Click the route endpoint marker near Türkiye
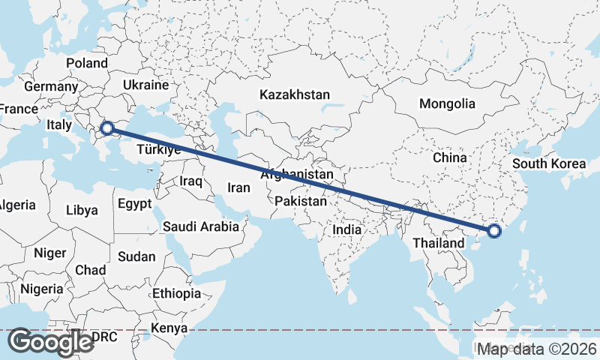coord(107,128)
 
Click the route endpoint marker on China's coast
coord(493,231)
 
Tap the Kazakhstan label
coord(295,95)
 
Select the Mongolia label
coord(447,103)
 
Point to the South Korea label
coord(548,163)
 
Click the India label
coord(347,230)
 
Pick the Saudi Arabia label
coord(201,226)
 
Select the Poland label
coord(87,63)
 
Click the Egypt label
coord(135,203)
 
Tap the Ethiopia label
coord(176,292)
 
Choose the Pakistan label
coord(301,201)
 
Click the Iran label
coord(238,188)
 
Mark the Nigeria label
coord(42,289)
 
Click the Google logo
coord(50,342)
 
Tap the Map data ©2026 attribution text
coord(537,348)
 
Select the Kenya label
coord(169,328)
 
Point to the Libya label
coord(82,210)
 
